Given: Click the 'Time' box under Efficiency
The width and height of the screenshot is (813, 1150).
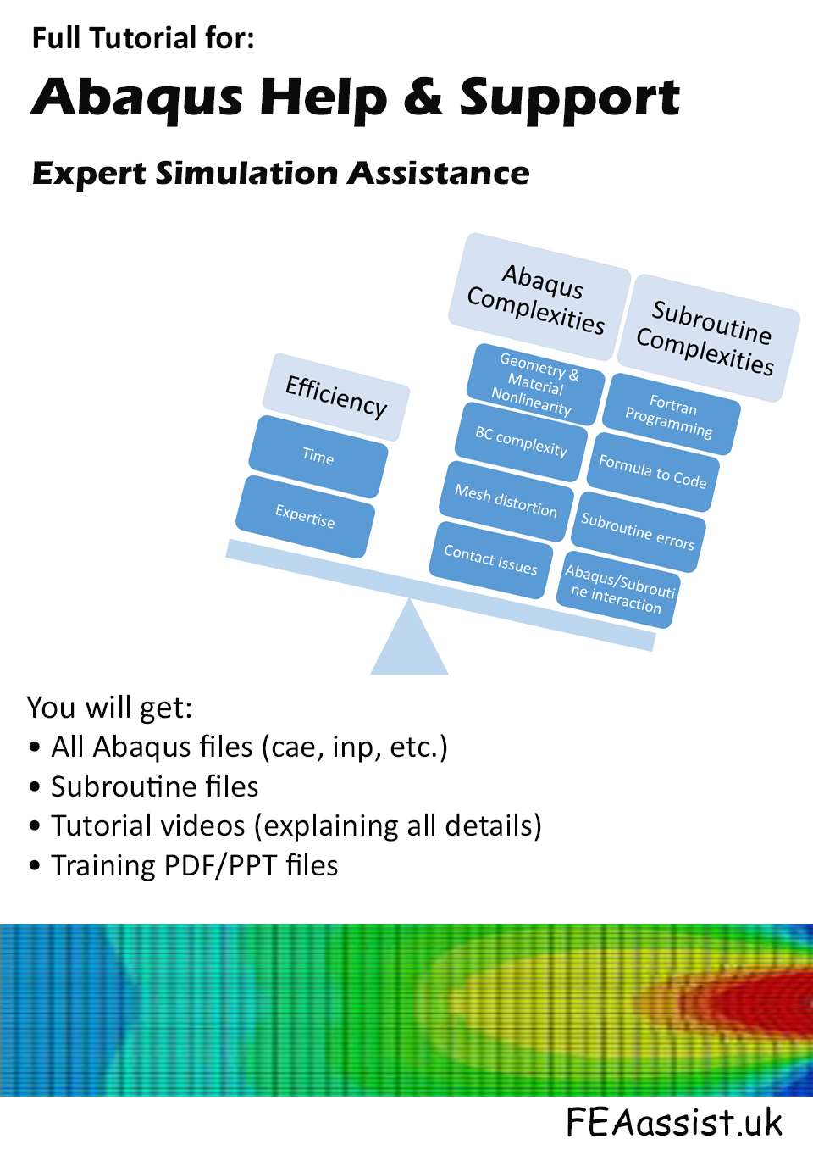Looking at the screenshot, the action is (x=318, y=457).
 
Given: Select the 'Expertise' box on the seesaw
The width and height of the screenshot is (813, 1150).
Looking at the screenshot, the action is (x=305, y=516).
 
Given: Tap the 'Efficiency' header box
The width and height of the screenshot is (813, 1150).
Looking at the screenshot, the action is (x=336, y=397).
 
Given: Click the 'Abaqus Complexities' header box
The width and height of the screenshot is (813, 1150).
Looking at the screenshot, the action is (x=539, y=297).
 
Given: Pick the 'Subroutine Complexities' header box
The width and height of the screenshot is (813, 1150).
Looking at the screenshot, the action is (x=708, y=338).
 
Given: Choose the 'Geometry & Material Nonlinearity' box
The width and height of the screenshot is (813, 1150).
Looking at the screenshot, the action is (x=535, y=385).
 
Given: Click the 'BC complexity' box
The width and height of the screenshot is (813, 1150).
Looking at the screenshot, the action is (x=521, y=442).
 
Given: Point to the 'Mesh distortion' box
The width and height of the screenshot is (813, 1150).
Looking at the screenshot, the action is (x=506, y=501).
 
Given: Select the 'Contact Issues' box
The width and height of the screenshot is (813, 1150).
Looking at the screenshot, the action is (x=491, y=560).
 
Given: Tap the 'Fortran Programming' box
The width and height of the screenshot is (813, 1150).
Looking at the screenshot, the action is (x=671, y=414).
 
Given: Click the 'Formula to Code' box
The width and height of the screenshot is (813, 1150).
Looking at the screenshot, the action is (x=653, y=472).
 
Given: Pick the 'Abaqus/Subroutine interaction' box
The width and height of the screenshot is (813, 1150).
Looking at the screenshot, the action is (x=618, y=590).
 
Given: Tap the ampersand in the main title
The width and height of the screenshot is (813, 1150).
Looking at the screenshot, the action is (x=423, y=97).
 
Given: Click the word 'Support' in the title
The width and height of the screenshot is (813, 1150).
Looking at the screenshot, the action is (x=569, y=100).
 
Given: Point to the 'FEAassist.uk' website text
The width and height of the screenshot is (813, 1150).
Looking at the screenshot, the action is (x=674, y=1122).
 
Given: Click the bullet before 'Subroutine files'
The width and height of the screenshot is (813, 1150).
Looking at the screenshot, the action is (x=35, y=787).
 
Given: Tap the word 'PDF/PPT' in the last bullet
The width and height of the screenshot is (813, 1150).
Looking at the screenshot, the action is (x=221, y=867).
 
